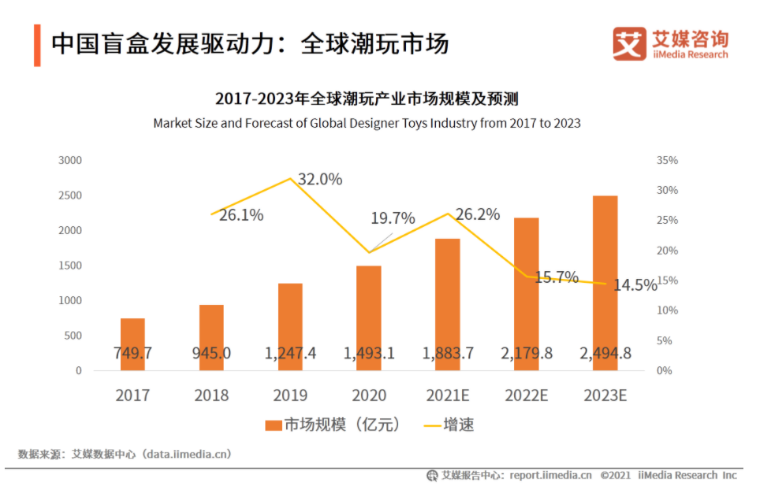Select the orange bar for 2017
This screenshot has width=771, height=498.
132,344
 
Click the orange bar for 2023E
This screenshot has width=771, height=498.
605,283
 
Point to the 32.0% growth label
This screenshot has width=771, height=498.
320,180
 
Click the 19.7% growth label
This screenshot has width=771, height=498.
393,218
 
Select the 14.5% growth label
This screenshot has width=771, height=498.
635,285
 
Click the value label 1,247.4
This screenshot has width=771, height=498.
290,353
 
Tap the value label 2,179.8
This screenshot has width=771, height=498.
526,353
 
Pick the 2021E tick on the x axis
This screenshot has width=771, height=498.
448,395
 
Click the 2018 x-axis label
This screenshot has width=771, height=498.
211,395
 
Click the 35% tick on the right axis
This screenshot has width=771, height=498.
667,160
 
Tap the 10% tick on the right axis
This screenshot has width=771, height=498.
667,310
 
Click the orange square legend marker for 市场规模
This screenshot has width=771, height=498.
273,426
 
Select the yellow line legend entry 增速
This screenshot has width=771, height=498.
449,426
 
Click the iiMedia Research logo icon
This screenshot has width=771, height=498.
629,44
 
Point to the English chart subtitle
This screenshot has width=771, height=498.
367,123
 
